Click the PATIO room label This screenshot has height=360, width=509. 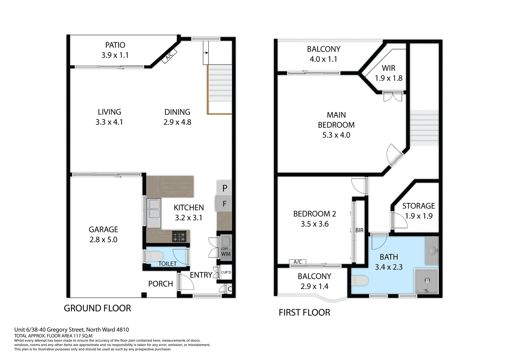[115, 45]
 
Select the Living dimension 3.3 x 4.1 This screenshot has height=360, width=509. [109, 122]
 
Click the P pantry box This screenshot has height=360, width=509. [225, 188]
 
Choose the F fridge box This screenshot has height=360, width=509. [225, 204]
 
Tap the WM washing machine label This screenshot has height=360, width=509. [226, 254]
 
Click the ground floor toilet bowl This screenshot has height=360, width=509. [155, 256]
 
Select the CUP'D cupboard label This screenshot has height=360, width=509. [226, 272]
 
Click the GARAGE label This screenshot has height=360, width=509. [103, 229]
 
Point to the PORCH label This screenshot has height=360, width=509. [160, 284]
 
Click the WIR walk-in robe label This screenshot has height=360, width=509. [388, 68]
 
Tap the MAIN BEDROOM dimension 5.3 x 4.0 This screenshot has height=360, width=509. [336, 135]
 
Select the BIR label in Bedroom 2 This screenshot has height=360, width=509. [359, 230]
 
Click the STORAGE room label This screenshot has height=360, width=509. [418, 206]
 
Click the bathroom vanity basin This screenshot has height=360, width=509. [432, 250]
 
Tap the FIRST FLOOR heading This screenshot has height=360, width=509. [304, 312]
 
